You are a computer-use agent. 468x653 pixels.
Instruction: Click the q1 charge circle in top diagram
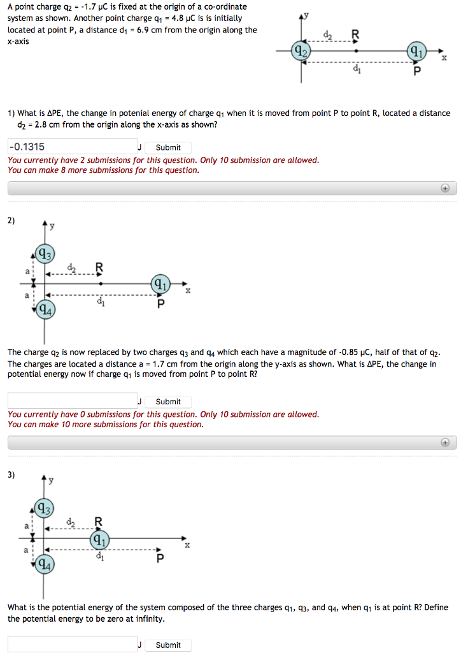tap(416, 51)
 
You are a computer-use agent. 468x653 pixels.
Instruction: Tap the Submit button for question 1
tap(168, 147)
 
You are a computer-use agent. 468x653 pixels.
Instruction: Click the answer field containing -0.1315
tap(73, 147)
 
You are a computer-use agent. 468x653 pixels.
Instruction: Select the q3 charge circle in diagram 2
tap(44, 255)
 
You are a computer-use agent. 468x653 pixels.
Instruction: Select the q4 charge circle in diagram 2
tap(44, 311)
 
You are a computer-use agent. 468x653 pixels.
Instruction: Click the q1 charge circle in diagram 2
tap(160, 283)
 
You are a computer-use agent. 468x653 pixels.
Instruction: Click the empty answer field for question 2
tap(73, 401)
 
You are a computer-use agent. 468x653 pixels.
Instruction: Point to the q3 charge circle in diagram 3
tap(44, 510)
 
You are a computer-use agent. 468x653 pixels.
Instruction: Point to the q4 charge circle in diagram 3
tap(44, 565)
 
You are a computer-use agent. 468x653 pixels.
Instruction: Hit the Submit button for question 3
tap(168, 645)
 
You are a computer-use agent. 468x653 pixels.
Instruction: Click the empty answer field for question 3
tap(73, 644)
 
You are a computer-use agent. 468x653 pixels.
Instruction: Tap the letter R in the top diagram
tap(355, 33)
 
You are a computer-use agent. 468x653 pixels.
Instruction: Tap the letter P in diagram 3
tap(160, 559)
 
